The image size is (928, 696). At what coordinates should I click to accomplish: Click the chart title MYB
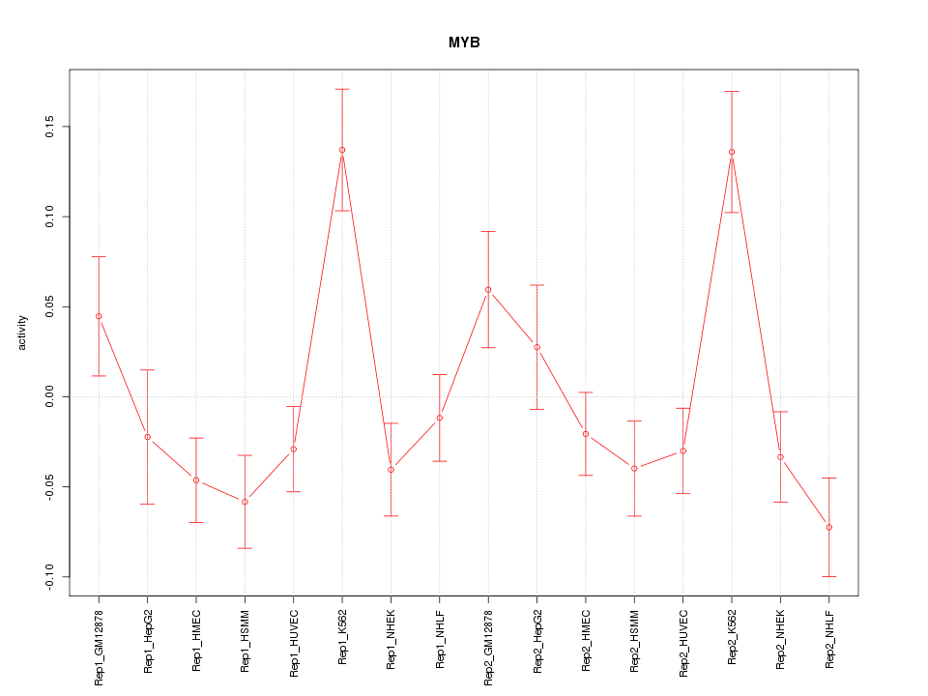click(464, 43)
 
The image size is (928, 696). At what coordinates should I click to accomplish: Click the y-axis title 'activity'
click(23, 332)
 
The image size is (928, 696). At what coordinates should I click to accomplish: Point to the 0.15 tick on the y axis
click(50, 127)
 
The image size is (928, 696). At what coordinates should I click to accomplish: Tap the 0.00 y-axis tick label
click(50, 396)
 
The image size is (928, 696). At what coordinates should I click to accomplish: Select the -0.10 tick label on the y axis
click(50, 576)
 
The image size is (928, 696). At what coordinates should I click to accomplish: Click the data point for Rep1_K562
click(342, 150)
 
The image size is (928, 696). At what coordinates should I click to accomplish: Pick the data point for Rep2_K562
click(732, 152)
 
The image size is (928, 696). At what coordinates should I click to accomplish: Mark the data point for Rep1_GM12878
click(99, 316)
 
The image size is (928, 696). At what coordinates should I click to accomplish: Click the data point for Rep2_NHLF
click(829, 527)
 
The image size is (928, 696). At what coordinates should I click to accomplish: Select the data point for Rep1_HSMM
click(245, 502)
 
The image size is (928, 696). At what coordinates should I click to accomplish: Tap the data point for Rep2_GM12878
click(488, 289)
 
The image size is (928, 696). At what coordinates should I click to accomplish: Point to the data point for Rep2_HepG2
click(536, 347)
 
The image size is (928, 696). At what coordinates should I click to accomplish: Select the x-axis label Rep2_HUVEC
click(683, 642)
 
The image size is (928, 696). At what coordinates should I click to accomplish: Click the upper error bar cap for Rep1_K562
click(342, 89)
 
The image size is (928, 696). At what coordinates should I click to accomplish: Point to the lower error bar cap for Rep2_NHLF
click(829, 576)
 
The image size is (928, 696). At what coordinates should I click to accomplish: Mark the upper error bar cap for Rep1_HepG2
click(147, 369)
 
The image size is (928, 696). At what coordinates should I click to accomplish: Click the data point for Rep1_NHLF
click(440, 418)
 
